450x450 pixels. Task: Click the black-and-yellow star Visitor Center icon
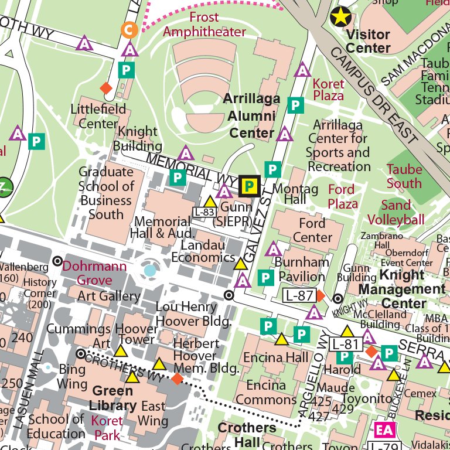[342, 16]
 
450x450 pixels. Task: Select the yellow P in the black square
[250, 186]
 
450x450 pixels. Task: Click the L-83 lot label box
[204, 212]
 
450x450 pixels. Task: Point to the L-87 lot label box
[299, 295]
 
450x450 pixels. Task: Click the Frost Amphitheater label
[204, 25]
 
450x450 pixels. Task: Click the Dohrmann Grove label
[94, 273]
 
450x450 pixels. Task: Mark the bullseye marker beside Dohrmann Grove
[57, 261]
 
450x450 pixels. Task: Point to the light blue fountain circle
[151, 270]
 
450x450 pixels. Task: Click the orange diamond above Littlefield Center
[106, 88]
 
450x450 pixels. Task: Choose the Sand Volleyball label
[396, 213]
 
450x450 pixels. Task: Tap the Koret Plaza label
[329, 90]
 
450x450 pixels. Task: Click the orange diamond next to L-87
[319, 295]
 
